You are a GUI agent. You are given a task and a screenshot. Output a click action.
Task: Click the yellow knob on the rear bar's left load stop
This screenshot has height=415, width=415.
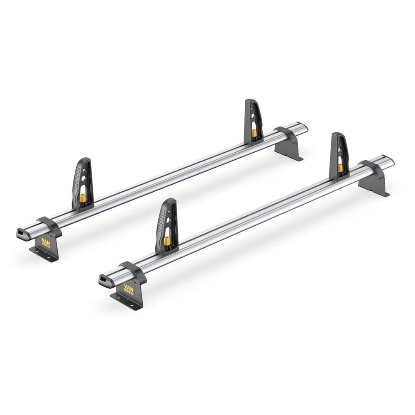(x=83, y=198)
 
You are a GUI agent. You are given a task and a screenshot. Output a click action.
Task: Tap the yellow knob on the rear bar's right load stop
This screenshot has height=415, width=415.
(x=254, y=133)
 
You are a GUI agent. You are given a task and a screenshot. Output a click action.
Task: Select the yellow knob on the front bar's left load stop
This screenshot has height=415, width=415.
(x=167, y=241)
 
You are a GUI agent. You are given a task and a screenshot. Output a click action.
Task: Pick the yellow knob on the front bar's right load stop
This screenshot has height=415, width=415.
(x=340, y=167)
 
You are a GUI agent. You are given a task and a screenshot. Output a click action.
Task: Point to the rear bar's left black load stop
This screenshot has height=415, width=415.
(x=82, y=183)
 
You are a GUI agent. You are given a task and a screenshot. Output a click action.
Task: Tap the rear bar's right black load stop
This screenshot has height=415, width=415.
(x=253, y=120)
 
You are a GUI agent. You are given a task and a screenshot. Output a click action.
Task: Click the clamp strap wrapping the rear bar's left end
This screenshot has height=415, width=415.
(x=50, y=227)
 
